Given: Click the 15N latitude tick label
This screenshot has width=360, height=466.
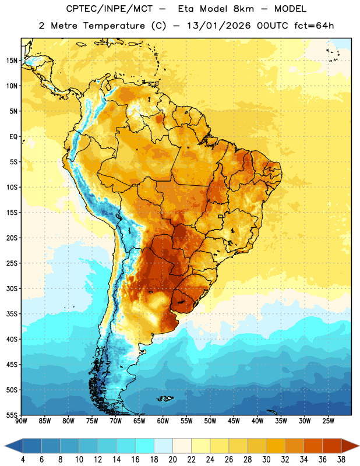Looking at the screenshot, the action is [12, 61].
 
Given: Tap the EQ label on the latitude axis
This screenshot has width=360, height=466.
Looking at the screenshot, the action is [13, 137].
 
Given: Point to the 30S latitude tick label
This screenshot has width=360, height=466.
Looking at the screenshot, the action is [12, 288].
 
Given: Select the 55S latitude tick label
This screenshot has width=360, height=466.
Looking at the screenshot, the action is [12, 415].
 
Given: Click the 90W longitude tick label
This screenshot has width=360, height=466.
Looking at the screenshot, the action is [22, 421].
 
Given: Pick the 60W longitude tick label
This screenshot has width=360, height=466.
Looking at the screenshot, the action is [163, 421].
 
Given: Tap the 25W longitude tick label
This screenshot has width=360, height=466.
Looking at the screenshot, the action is [328, 421].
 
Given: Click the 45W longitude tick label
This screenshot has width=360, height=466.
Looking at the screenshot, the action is [234, 421].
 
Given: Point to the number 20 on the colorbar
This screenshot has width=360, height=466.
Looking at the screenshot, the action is [172, 460].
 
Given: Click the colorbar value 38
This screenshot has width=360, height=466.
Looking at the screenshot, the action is [341, 460].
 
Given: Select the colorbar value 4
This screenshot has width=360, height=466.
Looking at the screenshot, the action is [23, 460].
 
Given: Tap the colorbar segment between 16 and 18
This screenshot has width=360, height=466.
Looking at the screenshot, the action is [145, 446].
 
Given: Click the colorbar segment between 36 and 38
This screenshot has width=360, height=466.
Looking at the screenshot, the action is [332, 446].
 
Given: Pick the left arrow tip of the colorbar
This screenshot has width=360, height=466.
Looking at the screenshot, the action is [5, 446].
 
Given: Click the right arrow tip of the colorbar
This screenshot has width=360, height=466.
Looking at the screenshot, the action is [359, 446].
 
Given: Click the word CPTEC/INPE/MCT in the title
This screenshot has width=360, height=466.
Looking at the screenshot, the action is [109, 9].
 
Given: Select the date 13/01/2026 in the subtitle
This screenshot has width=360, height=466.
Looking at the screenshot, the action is [219, 26].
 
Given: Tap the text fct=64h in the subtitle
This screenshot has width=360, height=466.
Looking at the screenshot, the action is [314, 26].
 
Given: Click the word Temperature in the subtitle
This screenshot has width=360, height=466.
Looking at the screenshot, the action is [114, 26].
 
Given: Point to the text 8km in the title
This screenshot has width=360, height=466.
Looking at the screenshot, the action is [243, 9].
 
